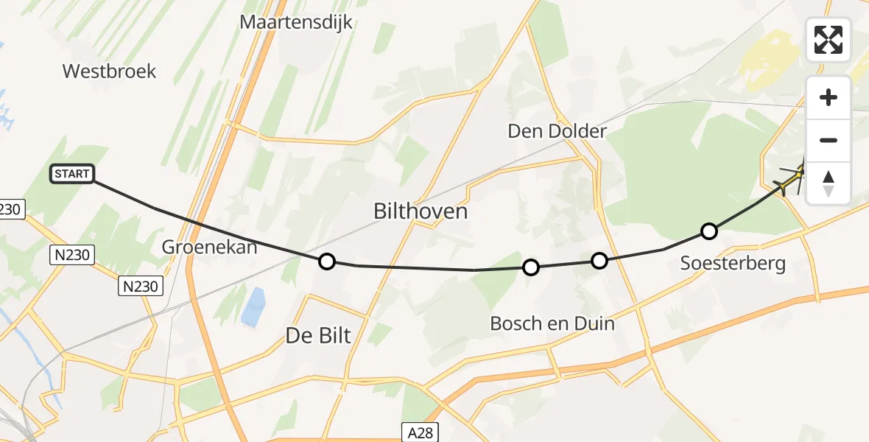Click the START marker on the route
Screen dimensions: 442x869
72,174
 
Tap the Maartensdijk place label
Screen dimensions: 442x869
296,22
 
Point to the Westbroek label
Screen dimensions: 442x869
109,71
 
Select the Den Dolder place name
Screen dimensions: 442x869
557,131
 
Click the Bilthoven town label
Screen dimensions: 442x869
421,212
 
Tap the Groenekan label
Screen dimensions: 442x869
209,247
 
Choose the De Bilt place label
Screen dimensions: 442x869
318,336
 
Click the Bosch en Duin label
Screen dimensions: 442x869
552,323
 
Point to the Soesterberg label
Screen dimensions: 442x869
733,263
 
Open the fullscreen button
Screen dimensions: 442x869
828,40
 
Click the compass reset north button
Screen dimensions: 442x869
828,183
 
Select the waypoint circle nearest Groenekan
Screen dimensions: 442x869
326,262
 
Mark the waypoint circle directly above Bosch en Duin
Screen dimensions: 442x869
531,267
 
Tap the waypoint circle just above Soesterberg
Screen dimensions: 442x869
708,231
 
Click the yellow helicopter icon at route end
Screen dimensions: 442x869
794,178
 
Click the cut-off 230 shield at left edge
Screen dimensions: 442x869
12,209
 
